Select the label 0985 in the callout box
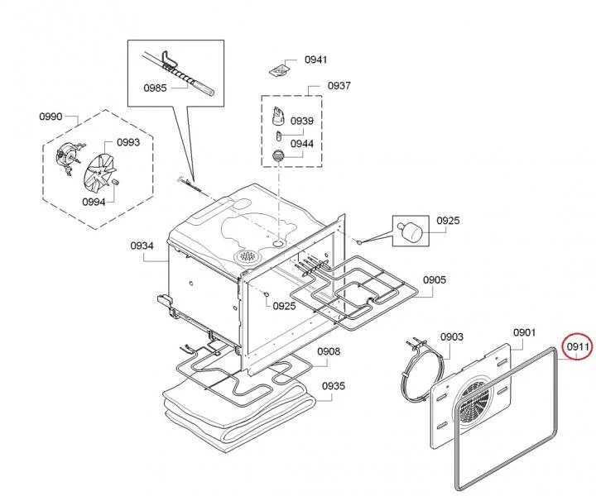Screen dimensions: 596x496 coord(155,88)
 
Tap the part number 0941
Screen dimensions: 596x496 coord(316,60)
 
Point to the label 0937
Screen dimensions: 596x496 coord(339,86)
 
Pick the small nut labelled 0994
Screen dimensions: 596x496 coord(114,183)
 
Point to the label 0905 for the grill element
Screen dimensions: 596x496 coord(435,280)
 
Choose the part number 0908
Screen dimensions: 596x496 coord(329,351)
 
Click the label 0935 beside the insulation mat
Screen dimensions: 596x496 coord(334,386)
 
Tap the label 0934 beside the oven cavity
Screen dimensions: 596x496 coord(142,246)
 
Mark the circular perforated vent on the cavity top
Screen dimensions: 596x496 coord(247,256)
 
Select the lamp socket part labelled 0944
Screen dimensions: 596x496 coord(279,156)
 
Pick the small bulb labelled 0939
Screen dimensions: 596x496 coord(279,135)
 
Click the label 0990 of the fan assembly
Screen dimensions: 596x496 coord(50,116)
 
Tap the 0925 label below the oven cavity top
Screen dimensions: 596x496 coord(284,306)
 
